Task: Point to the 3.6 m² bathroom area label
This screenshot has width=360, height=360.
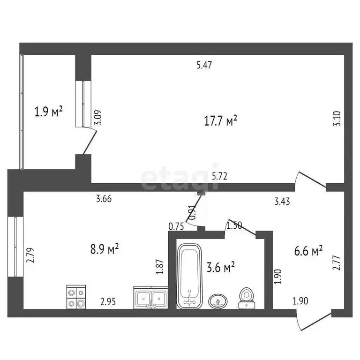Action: pyautogui.click(x=220, y=267)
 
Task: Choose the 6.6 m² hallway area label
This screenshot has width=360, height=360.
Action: pyautogui.click(x=308, y=251)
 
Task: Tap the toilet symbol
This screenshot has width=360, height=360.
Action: pyautogui.click(x=246, y=298)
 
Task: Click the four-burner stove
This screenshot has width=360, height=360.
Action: pyautogui.click(x=76, y=297)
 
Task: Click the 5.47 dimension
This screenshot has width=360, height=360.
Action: pyautogui.click(x=205, y=66)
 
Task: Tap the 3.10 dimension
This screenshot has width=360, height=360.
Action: pyautogui.click(x=336, y=127)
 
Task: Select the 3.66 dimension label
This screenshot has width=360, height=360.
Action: pyautogui.click(x=104, y=199)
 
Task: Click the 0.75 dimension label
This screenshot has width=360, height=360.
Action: pyautogui.click(x=176, y=227)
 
